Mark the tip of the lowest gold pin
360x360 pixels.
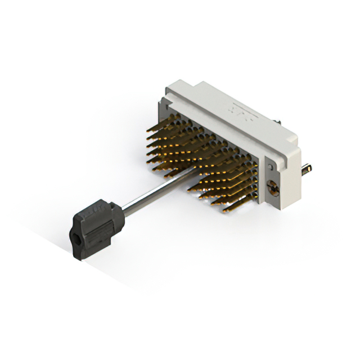tap(224, 211)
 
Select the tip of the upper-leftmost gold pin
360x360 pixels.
tap(147, 130)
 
